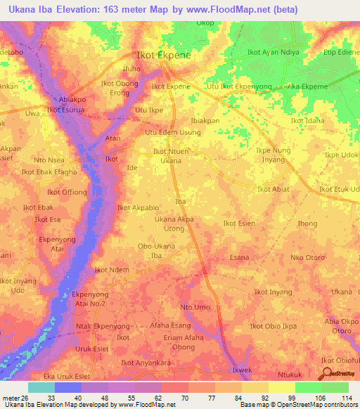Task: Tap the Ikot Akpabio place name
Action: point(139,207)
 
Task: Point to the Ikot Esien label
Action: point(239,223)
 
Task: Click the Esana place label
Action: point(239,257)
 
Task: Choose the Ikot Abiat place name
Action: point(274,188)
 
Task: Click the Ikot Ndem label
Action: point(111,270)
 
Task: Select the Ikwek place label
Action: point(242,370)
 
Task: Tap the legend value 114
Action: point(346,398)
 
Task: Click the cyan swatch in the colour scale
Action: point(41,387)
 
